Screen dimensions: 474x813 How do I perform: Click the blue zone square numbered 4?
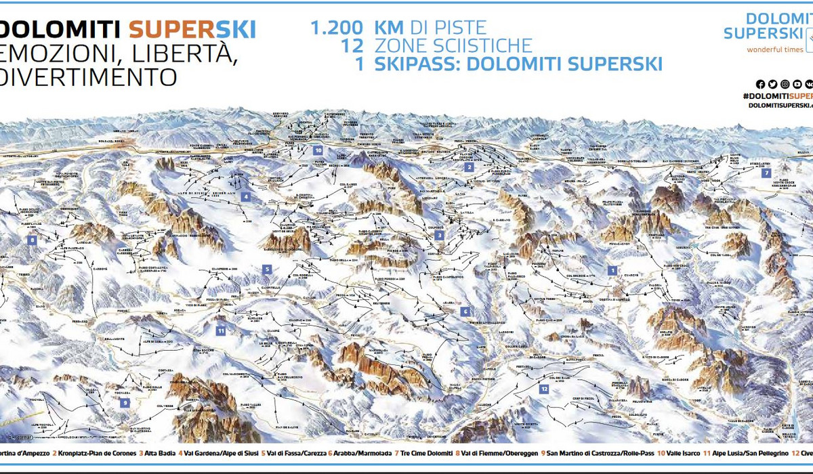[x=246, y=196]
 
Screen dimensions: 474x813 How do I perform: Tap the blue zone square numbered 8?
[x=31, y=239]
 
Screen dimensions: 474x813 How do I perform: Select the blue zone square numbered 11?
[x=221, y=330]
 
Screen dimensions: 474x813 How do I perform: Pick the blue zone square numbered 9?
[x=125, y=402]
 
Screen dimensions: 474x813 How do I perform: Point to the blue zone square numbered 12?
[x=544, y=389]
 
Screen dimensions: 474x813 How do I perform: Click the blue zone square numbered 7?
[x=766, y=173]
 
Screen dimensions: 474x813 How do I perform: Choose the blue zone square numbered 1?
[x=612, y=270]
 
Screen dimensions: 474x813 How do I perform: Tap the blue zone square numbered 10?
[x=318, y=150]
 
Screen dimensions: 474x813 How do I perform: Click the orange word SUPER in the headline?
[x=165, y=30]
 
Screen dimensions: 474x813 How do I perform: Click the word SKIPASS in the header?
[x=422, y=64]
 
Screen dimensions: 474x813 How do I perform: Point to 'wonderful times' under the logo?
[x=775, y=49]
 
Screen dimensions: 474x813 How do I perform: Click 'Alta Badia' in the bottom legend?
[x=159, y=452]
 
